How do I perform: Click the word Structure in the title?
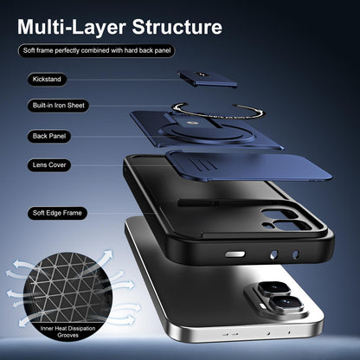tap(177, 27)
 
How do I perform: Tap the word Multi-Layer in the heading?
tap(72, 27)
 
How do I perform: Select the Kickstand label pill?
tap(47, 80)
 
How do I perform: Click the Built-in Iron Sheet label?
tap(59, 106)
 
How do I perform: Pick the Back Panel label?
tap(49, 136)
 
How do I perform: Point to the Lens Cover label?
tap(49, 165)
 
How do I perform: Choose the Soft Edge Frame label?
tap(57, 213)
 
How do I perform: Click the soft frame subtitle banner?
tap(97, 51)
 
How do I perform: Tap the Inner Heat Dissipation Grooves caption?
tap(67, 331)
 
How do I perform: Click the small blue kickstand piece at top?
tap(207, 79)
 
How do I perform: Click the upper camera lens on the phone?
tap(273, 288)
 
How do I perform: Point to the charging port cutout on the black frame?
tap(235, 254)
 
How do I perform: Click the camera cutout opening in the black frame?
tap(286, 220)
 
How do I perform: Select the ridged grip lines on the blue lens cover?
tap(202, 164)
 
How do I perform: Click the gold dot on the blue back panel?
tap(190, 124)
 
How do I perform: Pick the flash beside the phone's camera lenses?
tap(262, 305)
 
